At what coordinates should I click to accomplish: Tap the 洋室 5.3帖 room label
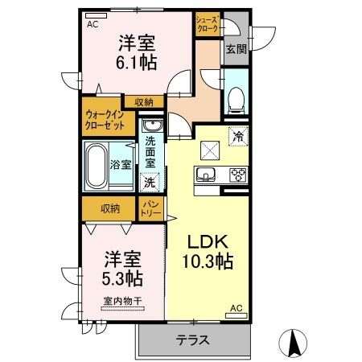[x=124, y=269]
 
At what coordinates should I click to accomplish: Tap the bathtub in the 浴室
[x=97, y=165]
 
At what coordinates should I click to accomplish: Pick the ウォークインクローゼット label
[x=105, y=120]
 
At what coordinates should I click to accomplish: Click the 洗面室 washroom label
[x=150, y=150]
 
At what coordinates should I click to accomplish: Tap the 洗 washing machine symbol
[x=150, y=182]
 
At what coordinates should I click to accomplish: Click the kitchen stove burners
[x=237, y=175]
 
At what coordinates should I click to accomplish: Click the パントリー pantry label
[x=150, y=210]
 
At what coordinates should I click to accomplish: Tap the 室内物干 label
[x=122, y=301]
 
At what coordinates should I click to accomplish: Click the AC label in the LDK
[x=236, y=308]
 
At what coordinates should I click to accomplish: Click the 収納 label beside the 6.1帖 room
[x=145, y=101]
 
